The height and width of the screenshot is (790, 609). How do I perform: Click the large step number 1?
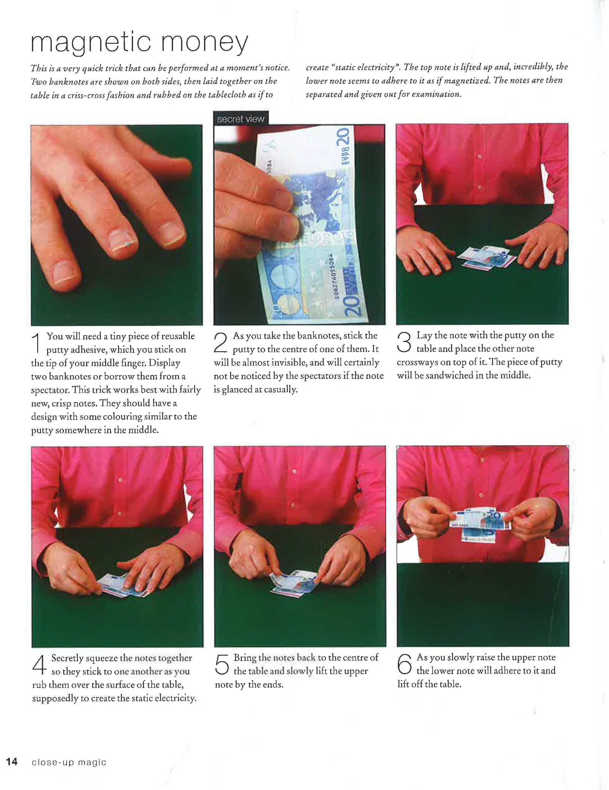37,343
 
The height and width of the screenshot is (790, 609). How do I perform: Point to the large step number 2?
221,342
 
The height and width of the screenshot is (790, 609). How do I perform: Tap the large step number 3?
404,342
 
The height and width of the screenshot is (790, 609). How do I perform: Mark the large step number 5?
222,664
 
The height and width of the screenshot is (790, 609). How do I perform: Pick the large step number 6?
404,664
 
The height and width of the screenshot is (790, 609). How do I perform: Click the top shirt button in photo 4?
120,480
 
